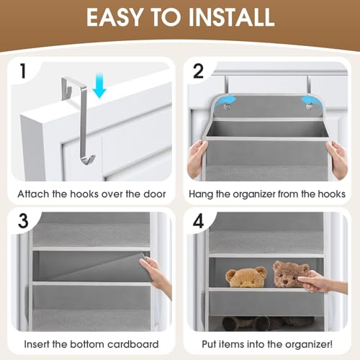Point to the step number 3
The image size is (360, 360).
(x=23, y=222)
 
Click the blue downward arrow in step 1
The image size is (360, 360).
(x=99, y=88)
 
